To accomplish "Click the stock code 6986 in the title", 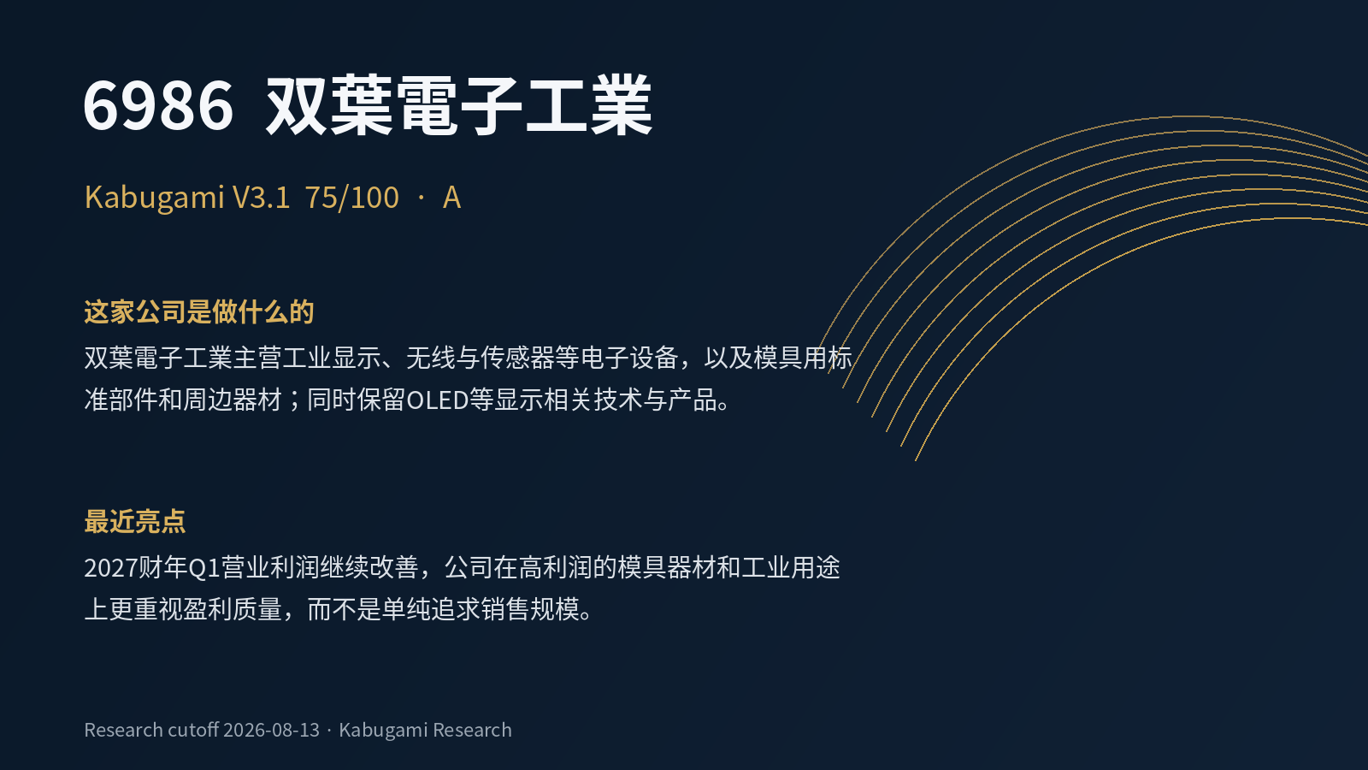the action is (x=158, y=105).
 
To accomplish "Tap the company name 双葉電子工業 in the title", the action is (x=459, y=105).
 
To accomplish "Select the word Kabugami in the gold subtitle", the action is (x=155, y=198).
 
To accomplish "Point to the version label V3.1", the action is (x=261, y=198).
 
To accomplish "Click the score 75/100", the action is (x=351, y=198).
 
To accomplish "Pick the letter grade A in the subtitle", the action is (x=451, y=198).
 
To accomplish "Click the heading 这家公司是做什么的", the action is (x=199, y=311).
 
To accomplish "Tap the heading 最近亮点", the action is (x=135, y=521).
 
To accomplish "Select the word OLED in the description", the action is (x=437, y=400).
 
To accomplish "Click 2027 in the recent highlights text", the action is (x=110, y=568).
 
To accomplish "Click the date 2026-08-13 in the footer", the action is (x=271, y=730).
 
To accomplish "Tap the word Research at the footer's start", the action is (x=123, y=730).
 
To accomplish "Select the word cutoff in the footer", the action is (x=193, y=730).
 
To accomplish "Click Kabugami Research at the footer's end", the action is (x=425, y=730).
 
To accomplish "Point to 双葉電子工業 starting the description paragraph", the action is (x=158, y=358).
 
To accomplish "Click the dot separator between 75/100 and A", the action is (x=421, y=198).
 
